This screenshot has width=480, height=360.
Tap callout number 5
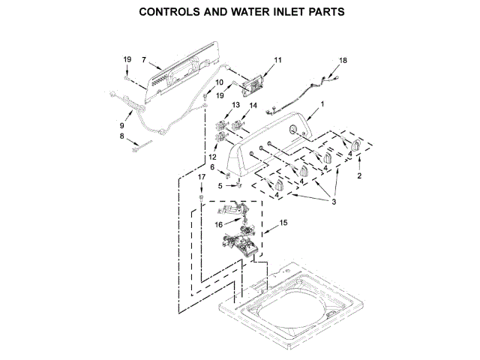220,185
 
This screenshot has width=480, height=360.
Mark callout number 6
212,166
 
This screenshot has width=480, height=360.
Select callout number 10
219,82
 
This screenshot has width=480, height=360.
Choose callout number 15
283,223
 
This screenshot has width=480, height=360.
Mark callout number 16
218,223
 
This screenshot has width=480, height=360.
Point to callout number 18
343,60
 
